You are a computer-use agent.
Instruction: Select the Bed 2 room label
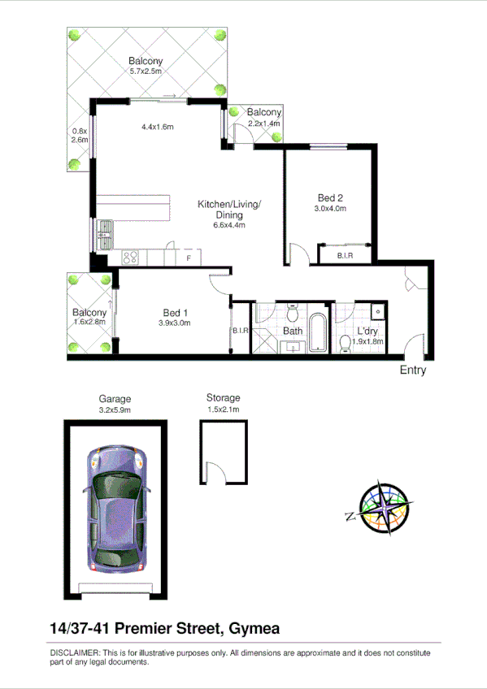tap(331, 197)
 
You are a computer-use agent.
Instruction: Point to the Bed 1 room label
tap(176, 313)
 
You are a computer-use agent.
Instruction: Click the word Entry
tap(413, 370)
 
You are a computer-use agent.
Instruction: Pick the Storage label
tap(223, 398)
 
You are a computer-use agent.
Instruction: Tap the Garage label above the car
tap(115, 399)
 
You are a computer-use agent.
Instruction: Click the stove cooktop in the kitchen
tap(130, 257)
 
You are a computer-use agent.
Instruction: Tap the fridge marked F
tap(189, 257)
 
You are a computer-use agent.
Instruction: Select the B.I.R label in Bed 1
tap(240, 331)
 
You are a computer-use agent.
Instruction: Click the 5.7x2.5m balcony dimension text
tap(146, 71)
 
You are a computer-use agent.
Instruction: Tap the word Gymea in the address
tap(254, 628)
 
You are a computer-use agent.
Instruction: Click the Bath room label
tap(293, 331)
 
